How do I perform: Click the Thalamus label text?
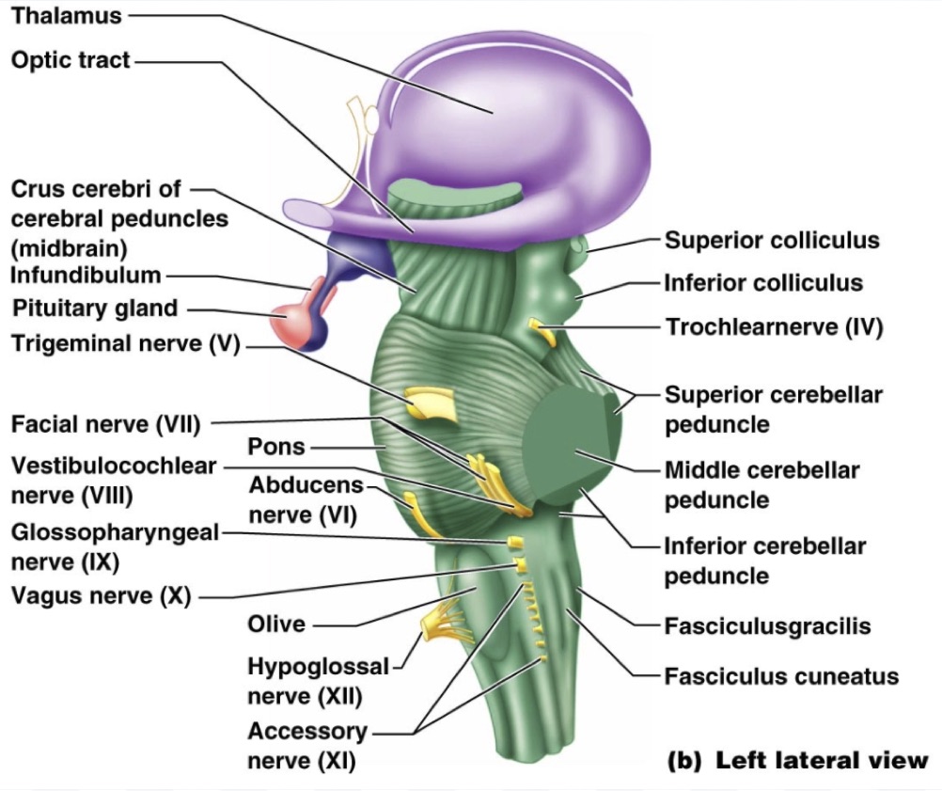pyautogui.click(x=65, y=16)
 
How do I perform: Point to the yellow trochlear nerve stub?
pyautogui.click(x=542, y=329)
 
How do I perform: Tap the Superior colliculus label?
pyautogui.click(x=772, y=240)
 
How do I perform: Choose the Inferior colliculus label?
pyautogui.click(x=763, y=283)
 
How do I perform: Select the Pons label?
pyautogui.click(x=276, y=446)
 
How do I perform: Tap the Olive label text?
pyautogui.click(x=276, y=624)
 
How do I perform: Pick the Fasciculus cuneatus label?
pyautogui.click(x=781, y=676)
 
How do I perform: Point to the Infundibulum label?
pyautogui.click(x=86, y=276)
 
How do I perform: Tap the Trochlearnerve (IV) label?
pyautogui.click(x=775, y=327)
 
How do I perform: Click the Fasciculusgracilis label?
pyautogui.click(x=767, y=626)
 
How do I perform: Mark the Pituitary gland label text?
pyautogui.click(x=94, y=308)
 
